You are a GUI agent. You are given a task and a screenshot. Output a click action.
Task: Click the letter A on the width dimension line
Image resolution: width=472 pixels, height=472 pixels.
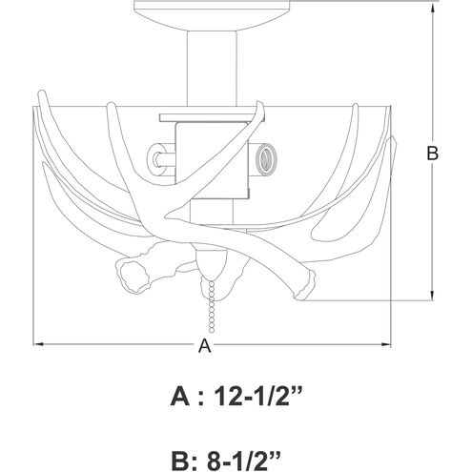click(x=204, y=345)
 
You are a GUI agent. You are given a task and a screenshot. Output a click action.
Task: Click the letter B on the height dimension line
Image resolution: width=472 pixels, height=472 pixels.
click(x=432, y=153)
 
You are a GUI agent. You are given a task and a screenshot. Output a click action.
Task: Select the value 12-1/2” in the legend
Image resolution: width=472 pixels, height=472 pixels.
click(x=257, y=397)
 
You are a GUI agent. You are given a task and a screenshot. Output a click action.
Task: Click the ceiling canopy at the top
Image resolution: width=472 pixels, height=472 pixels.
click(x=212, y=15)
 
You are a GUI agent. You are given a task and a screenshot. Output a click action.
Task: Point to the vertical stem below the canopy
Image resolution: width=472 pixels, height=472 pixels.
click(x=212, y=68)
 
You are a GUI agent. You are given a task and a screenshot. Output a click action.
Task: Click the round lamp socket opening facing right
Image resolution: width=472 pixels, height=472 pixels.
click(x=265, y=159)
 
